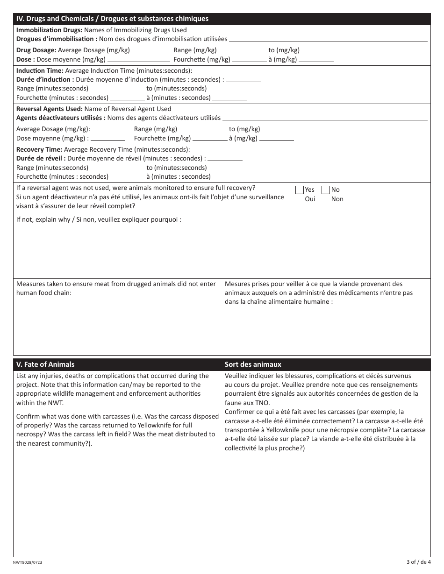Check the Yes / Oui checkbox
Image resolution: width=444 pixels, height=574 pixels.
coord(300,190)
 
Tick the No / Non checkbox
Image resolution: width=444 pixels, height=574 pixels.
coord(326,190)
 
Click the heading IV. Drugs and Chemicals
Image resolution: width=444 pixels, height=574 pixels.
coord(112,19)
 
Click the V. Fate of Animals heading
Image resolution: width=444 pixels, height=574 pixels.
coord(45,364)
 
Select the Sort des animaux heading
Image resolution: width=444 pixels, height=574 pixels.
coord(253,364)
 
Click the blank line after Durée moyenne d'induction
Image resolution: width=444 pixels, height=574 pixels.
coord(243,81)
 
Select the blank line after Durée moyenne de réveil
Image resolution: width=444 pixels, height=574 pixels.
coord(225,160)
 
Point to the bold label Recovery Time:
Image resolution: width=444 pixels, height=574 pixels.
coord(39,150)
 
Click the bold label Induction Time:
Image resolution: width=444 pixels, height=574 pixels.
coord(40,70)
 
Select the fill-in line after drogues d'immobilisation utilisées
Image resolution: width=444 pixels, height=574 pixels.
coord(328,40)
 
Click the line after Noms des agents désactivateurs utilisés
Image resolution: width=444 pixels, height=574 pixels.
coord(325,119)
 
